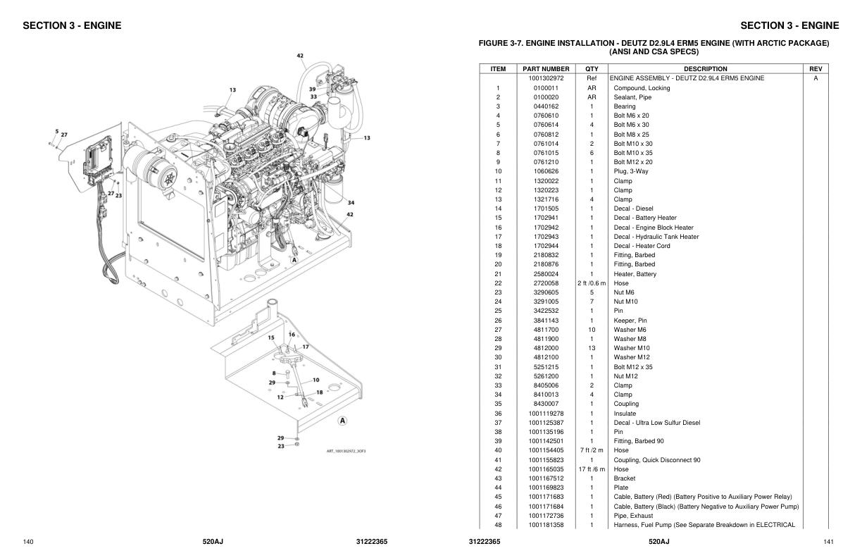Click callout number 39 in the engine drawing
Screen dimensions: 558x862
click(312, 89)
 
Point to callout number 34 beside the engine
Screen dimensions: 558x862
click(350, 203)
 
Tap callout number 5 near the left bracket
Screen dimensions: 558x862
click(56, 131)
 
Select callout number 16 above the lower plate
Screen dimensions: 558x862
click(292, 334)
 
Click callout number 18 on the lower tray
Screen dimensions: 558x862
click(319, 392)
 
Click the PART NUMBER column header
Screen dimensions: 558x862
click(546, 69)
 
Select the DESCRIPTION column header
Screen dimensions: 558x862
click(705, 69)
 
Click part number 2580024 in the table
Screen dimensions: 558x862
click(546, 274)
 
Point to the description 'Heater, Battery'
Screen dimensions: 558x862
click(635, 274)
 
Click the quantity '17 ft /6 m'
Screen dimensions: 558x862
click(592, 469)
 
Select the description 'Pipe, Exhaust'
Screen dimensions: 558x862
click(633, 516)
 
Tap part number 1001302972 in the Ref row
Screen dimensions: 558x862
click(546, 78)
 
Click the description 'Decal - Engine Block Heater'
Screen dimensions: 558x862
click(654, 228)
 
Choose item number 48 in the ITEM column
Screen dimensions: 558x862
click(498, 525)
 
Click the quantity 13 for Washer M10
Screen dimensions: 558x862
click(592, 348)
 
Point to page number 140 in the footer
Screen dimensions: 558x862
click(28, 542)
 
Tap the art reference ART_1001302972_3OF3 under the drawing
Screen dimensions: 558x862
click(346, 452)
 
